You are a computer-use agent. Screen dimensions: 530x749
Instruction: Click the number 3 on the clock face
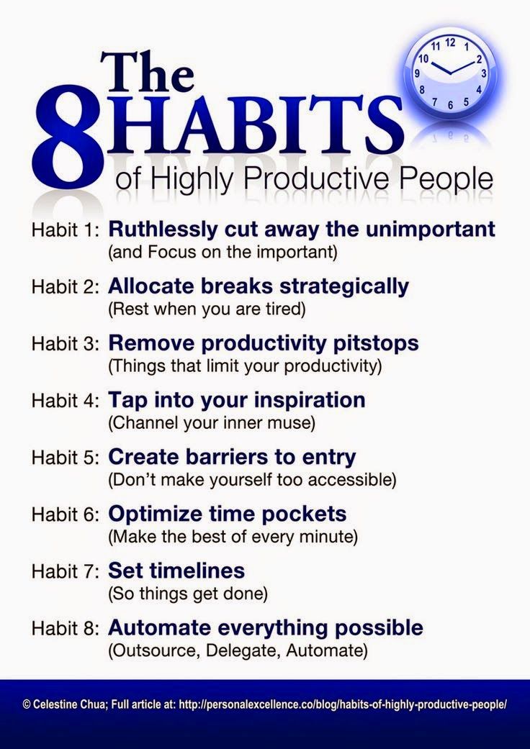(x=484, y=74)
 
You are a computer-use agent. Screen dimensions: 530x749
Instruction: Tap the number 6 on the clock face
(x=450, y=106)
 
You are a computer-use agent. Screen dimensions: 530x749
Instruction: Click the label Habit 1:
(x=65, y=230)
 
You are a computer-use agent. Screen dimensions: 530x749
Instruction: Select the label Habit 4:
(x=65, y=401)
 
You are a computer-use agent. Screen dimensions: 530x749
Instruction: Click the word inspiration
(x=309, y=401)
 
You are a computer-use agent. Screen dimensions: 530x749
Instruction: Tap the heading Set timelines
(x=176, y=571)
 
